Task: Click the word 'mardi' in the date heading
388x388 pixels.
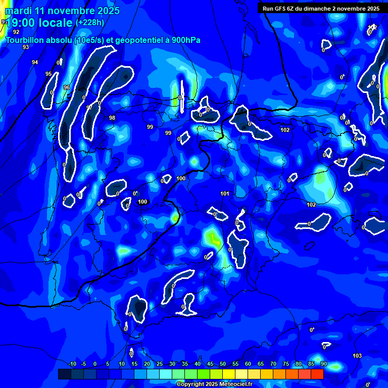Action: [18, 11]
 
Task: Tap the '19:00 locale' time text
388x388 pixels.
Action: [39, 23]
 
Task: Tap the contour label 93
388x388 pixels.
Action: [26, 47]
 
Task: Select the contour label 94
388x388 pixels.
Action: [35, 62]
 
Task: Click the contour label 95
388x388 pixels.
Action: [48, 74]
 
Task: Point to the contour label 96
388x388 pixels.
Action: [66, 87]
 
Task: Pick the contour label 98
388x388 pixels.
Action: [112, 118]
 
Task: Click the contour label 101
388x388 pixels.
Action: [225, 193]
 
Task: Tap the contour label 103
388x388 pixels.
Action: [357, 356]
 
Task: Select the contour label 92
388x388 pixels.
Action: [16, 32]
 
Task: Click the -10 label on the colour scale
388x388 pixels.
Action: [72, 364]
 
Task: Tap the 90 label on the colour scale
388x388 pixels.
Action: [323, 364]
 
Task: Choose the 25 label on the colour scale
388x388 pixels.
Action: [160, 364]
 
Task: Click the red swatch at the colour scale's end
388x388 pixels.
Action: [317, 374]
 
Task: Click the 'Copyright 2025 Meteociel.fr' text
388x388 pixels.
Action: [215, 384]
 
